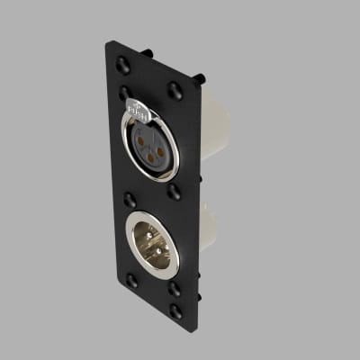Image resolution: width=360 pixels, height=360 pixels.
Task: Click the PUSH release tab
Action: click(x=138, y=110)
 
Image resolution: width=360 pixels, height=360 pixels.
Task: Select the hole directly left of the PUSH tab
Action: click(x=123, y=92)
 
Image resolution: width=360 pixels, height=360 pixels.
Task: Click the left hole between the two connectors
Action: click(x=130, y=200)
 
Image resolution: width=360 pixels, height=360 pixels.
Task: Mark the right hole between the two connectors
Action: click(x=175, y=193)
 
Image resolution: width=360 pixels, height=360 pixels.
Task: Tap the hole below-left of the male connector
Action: click(x=132, y=282)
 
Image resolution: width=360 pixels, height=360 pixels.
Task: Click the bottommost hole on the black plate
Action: click(x=176, y=310)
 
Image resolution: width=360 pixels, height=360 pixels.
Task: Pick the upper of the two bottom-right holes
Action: click(x=175, y=290)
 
